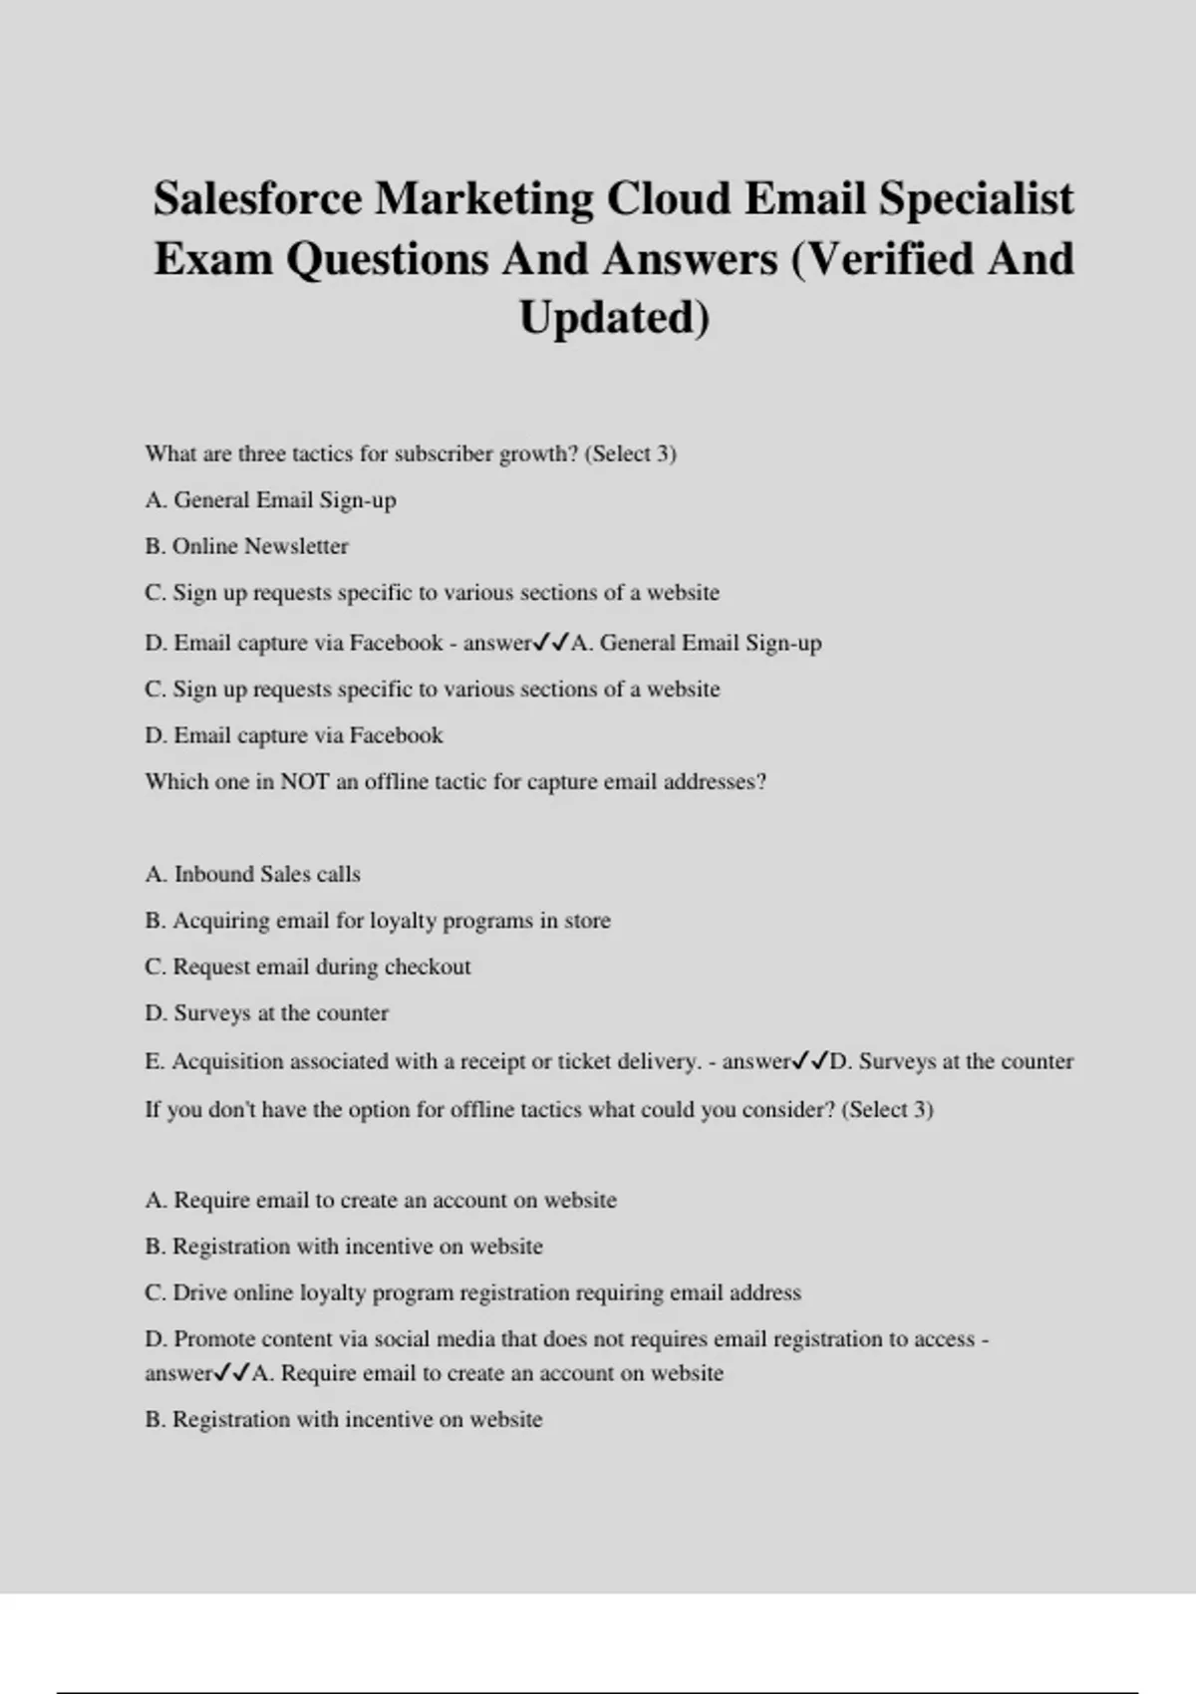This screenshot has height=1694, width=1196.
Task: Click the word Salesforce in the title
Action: click(258, 198)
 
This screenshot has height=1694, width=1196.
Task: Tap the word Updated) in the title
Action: click(614, 318)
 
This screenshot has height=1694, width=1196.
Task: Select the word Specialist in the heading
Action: click(976, 198)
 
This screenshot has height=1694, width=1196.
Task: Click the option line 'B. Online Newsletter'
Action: click(246, 546)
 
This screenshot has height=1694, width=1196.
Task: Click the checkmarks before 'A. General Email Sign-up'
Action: click(551, 643)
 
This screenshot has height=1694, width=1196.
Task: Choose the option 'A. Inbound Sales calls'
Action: click(252, 874)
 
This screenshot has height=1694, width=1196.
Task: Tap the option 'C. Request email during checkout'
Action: click(307, 967)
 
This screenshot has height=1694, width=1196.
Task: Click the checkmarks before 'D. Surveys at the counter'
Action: click(811, 1061)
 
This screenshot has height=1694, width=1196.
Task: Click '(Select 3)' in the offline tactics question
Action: click(887, 1110)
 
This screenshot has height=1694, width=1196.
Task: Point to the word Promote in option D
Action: click(214, 1339)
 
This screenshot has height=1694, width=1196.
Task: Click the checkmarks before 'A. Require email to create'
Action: click(232, 1373)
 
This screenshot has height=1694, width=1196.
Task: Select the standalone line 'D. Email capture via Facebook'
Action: click(293, 735)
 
